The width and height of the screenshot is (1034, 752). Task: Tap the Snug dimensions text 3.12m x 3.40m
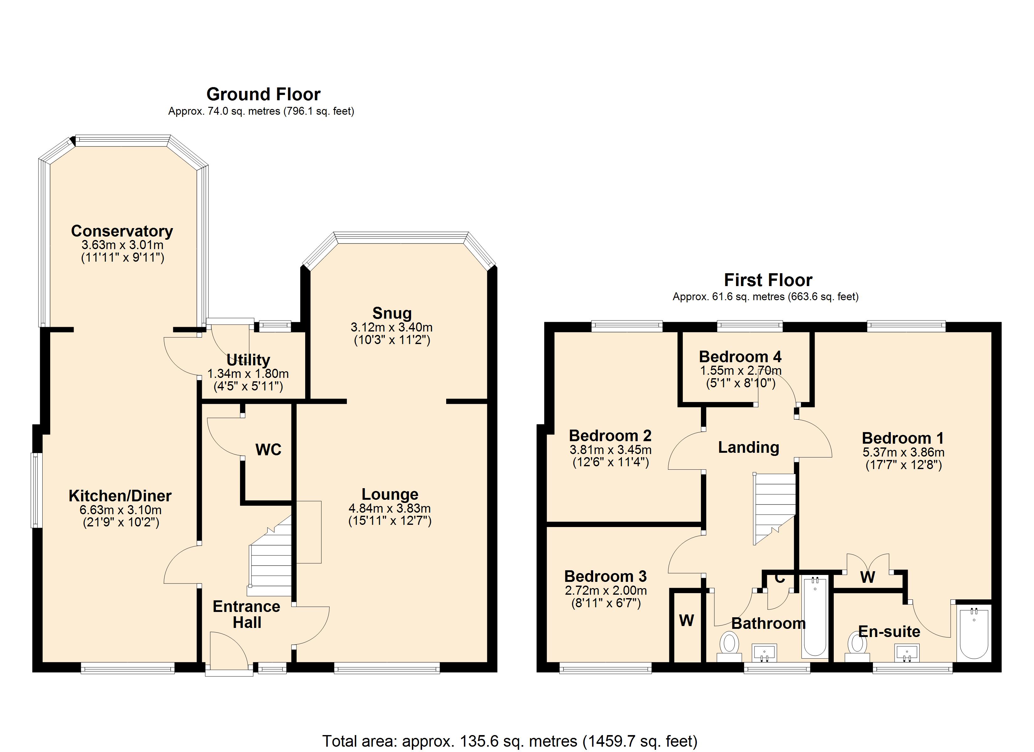pyautogui.click(x=392, y=327)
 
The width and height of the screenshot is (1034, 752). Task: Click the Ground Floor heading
pyautogui.click(x=264, y=94)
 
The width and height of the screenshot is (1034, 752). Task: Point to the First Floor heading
pyautogui.click(x=768, y=280)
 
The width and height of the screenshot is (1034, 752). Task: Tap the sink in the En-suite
pyautogui.click(x=907, y=653)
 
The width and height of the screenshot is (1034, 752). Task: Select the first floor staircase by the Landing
pyautogui.click(x=774, y=509)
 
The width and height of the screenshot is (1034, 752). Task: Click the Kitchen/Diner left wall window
pyautogui.click(x=36, y=490)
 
